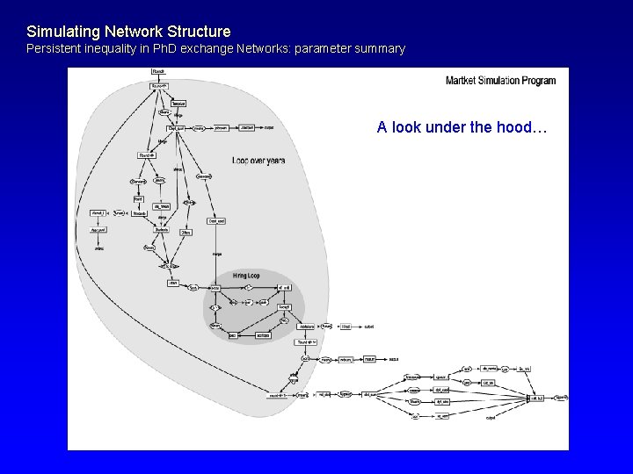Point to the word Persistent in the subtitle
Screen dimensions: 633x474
(x=53, y=49)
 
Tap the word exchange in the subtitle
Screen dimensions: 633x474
(x=208, y=49)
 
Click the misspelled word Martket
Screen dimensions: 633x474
(x=464, y=81)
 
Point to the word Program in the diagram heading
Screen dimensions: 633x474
(x=540, y=81)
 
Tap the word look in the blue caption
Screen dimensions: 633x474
(x=407, y=127)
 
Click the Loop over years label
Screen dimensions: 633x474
(x=258, y=161)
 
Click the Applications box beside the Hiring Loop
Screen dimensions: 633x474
(x=306, y=327)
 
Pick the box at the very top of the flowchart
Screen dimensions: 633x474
(x=158, y=71)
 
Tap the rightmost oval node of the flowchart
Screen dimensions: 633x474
(x=561, y=398)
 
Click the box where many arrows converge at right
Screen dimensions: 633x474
(x=535, y=398)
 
